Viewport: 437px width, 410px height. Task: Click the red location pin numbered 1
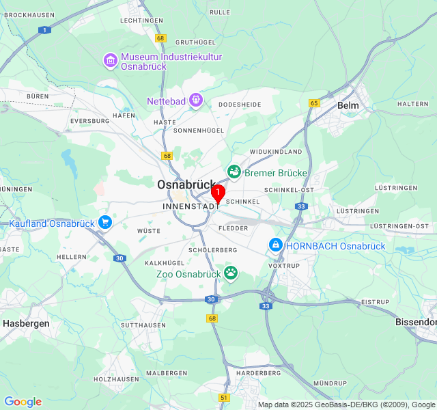(218, 194)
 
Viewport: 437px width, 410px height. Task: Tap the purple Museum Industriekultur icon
(111, 61)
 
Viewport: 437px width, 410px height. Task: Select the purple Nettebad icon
(196, 101)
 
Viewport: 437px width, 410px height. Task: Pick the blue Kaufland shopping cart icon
(104, 223)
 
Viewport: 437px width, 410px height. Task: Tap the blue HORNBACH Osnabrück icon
(276, 245)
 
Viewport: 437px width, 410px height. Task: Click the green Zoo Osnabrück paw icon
(231, 273)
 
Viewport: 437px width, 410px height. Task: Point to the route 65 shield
(314, 103)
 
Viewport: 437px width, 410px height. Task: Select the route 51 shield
(224, 397)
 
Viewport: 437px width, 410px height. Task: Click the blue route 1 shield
(45, 30)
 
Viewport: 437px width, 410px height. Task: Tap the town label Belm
(348, 105)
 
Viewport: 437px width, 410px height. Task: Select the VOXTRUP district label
(283, 265)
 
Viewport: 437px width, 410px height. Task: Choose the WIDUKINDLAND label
(275, 151)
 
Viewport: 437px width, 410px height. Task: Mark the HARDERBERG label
(258, 373)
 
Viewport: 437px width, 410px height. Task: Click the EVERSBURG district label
(89, 120)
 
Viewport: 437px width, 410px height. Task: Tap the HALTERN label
(412, 104)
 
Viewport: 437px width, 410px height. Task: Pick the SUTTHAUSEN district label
(143, 325)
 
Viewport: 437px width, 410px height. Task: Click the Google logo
(23, 402)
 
